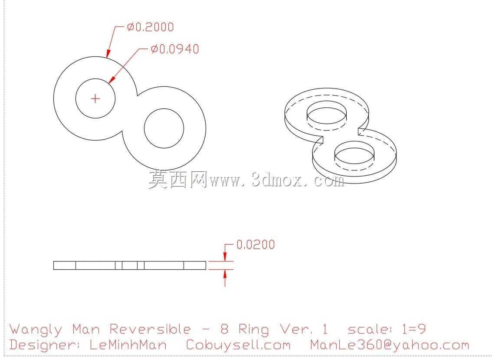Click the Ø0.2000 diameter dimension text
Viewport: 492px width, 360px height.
coord(150,27)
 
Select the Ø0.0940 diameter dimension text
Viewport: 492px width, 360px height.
coord(175,49)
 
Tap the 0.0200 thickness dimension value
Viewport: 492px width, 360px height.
coord(256,245)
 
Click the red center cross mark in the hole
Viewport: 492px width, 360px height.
coord(95,98)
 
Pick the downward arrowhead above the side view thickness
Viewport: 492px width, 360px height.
coord(225,257)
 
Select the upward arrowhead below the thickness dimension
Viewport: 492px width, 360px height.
coord(225,274)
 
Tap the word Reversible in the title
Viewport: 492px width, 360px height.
coord(150,329)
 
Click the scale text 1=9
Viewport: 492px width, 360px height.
coord(413,329)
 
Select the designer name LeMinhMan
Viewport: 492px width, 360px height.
coord(128,345)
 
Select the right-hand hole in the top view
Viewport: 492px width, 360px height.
coord(164,128)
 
